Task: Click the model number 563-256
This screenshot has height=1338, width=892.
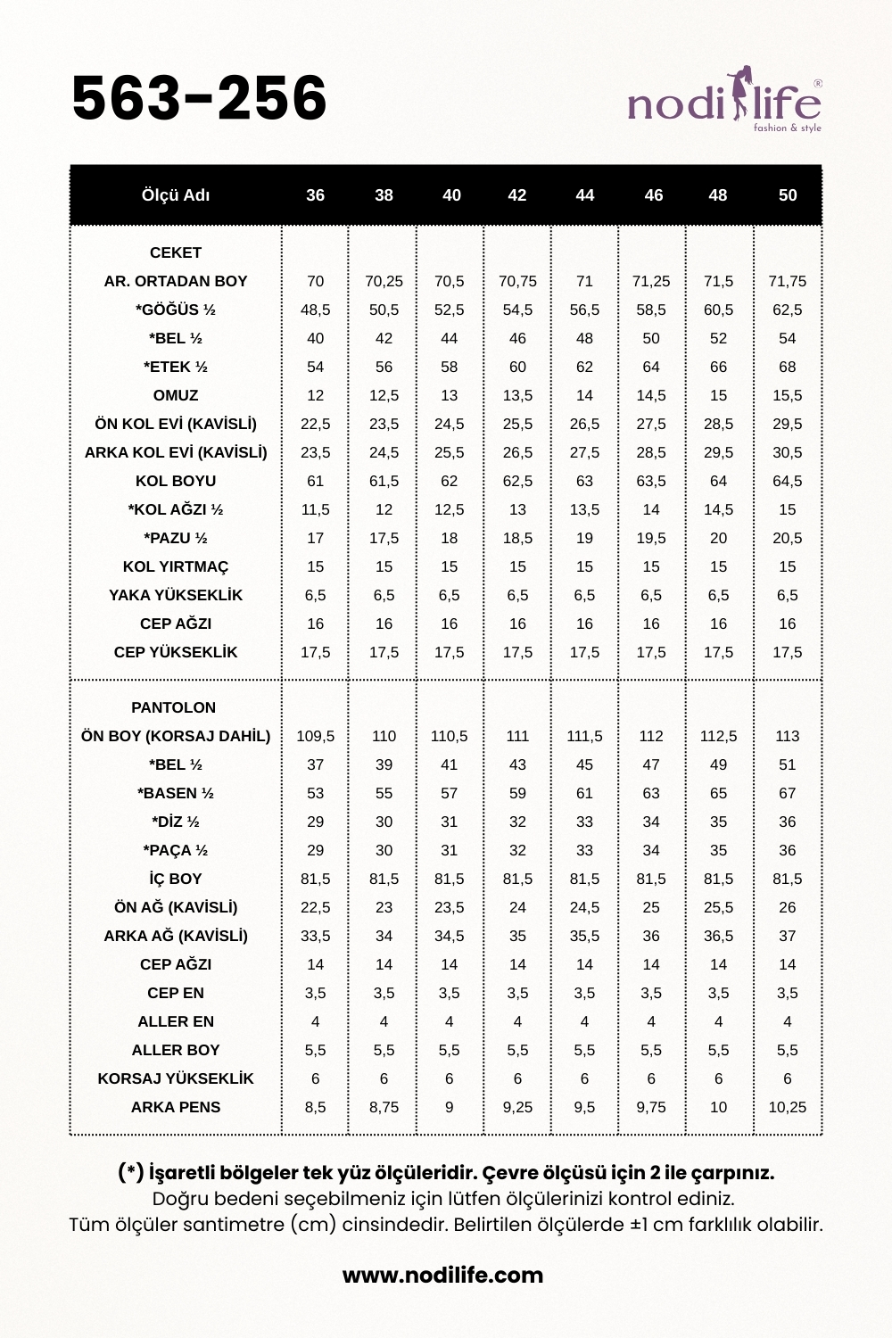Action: tap(199, 98)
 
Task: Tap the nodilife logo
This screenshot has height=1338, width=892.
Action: tap(724, 102)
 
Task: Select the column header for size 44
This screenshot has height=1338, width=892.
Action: tap(584, 195)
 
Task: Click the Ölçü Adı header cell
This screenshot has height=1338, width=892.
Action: tap(176, 195)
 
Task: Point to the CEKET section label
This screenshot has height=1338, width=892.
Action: tap(176, 252)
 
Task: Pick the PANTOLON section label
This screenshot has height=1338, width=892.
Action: tap(174, 707)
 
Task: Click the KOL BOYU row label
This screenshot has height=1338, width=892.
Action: tap(176, 481)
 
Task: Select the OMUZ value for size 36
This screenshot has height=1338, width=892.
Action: tap(316, 395)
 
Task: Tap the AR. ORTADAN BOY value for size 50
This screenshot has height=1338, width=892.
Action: tap(787, 281)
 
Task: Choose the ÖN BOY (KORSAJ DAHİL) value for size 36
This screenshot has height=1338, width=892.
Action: tap(316, 736)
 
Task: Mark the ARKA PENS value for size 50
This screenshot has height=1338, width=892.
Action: tap(787, 1107)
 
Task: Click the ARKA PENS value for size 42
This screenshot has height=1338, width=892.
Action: tap(517, 1107)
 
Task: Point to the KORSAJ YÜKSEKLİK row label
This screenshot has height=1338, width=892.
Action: tap(176, 1078)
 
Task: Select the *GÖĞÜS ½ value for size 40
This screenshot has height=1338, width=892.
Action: tap(450, 310)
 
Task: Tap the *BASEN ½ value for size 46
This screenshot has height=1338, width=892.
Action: tap(651, 793)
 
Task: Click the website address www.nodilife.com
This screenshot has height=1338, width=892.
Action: tap(442, 1275)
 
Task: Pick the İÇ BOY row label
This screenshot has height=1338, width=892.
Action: tap(176, 879)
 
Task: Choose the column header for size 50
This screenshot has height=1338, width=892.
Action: tap(787, 195)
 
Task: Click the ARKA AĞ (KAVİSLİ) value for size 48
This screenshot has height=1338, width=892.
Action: tap(718, 936)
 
